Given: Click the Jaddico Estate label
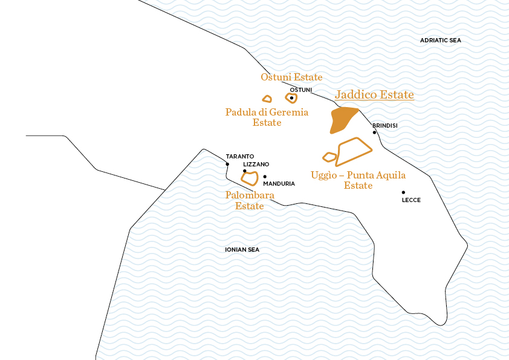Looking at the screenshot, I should [374, 95].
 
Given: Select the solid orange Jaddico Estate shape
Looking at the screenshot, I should [342, 119].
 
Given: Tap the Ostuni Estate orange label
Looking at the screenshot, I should [291, 77].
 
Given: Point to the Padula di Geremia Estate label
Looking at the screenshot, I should [267, 117].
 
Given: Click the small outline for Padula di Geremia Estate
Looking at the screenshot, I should [267, 99].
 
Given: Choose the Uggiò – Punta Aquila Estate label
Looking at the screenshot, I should [358, 180].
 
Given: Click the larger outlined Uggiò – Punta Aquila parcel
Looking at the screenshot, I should [354, 152].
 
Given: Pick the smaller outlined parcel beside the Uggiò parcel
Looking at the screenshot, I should [329, 157].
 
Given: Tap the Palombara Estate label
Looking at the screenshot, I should [250, 200].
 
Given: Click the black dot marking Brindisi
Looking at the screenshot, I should [374, 133].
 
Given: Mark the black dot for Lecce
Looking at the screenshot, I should [403, 192].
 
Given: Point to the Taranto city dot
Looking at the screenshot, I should [227, 164].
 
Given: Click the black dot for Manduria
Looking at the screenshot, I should [265, 177].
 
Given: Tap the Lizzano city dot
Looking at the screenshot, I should [244, 171].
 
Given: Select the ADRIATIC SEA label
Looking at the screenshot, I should [440, 41].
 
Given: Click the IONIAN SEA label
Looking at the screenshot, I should [242, 249].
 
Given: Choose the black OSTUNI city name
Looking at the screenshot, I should [301, 90].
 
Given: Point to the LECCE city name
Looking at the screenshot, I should [411, 200].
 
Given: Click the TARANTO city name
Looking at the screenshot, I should [240, 156].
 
